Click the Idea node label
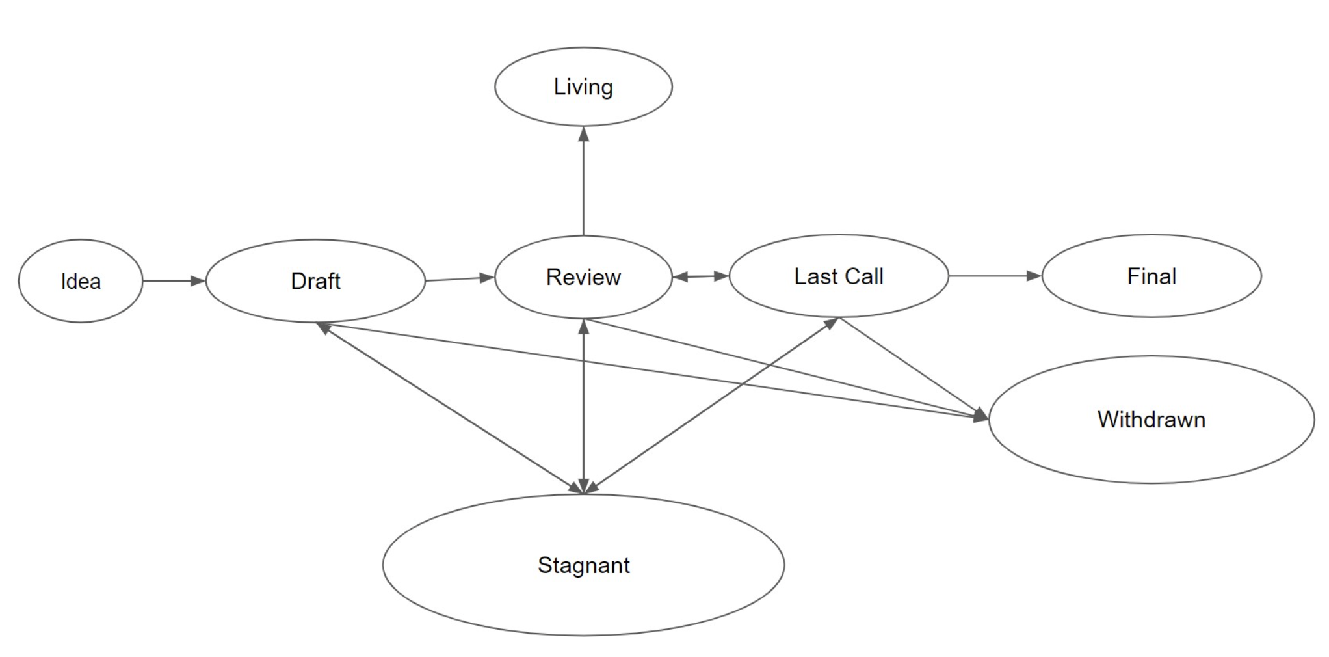point(81,282)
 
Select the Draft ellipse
point(315,281)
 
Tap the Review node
point(583,277)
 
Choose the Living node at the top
point(583,87)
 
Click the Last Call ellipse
point(839,276)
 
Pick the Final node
point(1151,276)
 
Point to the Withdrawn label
point(1151,420)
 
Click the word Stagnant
point(583,565)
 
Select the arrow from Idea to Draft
point(174,281)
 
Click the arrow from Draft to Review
point(460,279)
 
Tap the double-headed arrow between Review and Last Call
point(701,276)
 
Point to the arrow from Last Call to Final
point(995,276)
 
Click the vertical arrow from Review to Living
point(584,181)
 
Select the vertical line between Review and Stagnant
point(584,407)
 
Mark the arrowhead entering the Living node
point(584,133)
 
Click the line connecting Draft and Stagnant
point(450,409)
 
